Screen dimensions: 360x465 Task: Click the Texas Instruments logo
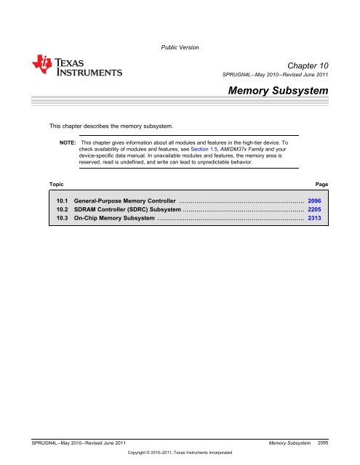[x=76, y=67]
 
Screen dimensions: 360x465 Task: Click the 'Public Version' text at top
[x=179, y=47]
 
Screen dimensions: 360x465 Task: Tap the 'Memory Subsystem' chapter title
[x=279, y=92]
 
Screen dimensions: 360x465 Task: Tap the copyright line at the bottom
[x=179, y=452]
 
